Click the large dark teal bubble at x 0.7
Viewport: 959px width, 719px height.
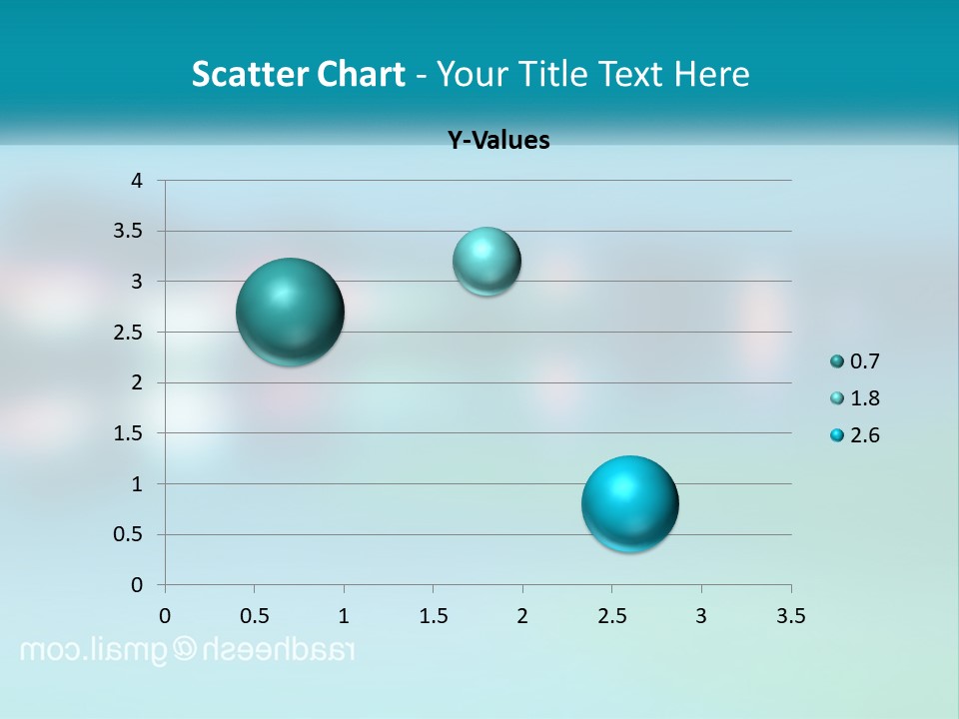pos(291,312)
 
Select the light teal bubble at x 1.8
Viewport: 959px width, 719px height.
pos(486,262)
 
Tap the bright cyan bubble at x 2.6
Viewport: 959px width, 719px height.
pos(630,503)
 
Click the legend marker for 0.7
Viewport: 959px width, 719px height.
pos(837,361)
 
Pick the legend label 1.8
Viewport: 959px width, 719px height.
pos(865,398)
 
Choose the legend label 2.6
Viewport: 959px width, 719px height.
pos(865,435)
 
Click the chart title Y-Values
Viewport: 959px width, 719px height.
pos(498,141)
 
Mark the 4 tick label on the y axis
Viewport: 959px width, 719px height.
pos(137,181)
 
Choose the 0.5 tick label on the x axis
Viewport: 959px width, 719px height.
pos(255,615)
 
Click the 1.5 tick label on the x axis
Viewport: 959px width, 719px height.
pos(434,615)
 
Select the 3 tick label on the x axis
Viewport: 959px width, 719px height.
pos(701,615)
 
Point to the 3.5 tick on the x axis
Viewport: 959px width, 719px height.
pos(790,615)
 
